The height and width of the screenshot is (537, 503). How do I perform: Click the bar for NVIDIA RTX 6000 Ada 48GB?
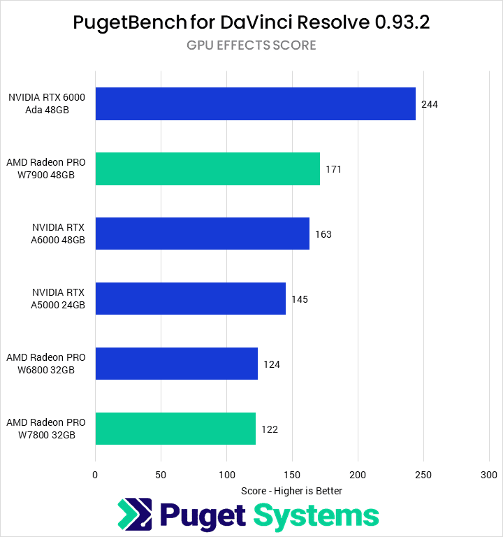click(255, 104)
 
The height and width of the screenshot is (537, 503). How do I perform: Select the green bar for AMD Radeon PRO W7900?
click(207, 169)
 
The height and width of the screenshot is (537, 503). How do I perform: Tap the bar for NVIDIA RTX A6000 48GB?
click(202, 234)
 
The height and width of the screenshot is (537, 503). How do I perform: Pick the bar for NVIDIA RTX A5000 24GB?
click(190, 299)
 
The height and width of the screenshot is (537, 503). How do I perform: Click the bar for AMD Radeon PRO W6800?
click(176, 364)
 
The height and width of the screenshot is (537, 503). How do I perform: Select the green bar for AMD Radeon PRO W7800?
click(175, 429)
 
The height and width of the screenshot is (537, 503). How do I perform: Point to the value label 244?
click(430, 104)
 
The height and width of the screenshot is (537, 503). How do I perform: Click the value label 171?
click(333, 169)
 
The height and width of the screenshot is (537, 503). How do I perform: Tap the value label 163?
click(323, 234)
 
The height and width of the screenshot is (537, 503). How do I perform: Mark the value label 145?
click(299, 299)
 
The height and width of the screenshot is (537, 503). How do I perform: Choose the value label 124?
click(272, 364)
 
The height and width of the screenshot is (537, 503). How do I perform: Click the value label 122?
click(270, 429)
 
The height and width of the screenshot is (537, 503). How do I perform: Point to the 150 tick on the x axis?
click(292, 475)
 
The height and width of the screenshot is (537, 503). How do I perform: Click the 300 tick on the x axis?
click(489, 475)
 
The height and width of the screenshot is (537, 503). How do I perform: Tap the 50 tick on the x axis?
click(161, 475)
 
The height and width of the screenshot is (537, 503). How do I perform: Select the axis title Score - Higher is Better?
click(291, 491)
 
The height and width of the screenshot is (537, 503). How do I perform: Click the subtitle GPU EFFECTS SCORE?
click(251, 45)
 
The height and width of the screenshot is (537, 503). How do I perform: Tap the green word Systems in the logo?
click(316, 516)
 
